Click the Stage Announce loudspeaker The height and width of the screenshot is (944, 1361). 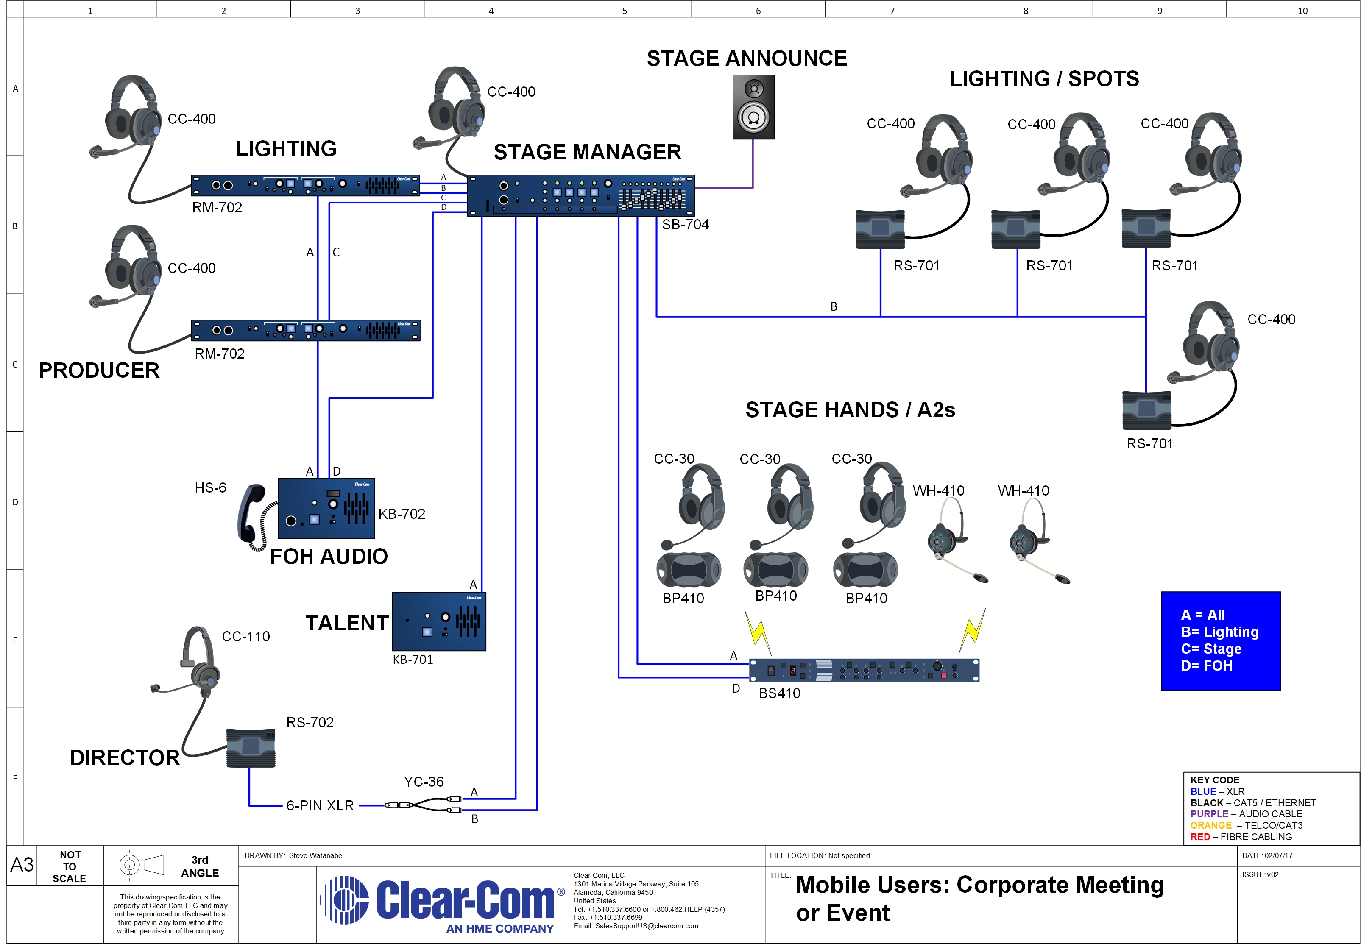click(x=753, y=107)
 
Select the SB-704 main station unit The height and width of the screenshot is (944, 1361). click(x=581, y=195)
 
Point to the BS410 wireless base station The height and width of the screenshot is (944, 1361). click(x=864, y=670)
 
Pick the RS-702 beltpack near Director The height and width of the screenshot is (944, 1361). click(x=251, y=748)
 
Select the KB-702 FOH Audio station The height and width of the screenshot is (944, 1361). click(x=326, y=509)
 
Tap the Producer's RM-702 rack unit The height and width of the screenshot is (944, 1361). click(x=305, y=330)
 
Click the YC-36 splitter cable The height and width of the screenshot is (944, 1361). click(x=423, y=805)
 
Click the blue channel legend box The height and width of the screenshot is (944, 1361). click(x=1221, y=640)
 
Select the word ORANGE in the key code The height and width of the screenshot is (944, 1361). click(x=1211, y=825)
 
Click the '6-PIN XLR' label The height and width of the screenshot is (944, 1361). click(x=320, y=805)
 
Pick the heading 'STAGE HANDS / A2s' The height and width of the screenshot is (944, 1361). click(x=850, y=409)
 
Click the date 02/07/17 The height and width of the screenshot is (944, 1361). click(x=1278, y=855)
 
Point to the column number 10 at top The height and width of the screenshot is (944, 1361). click(x=1302, y=11)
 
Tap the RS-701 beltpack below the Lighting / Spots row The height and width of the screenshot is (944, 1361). click(x=1146, y=410)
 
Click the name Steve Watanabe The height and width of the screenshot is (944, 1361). click(x=315, y=855)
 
